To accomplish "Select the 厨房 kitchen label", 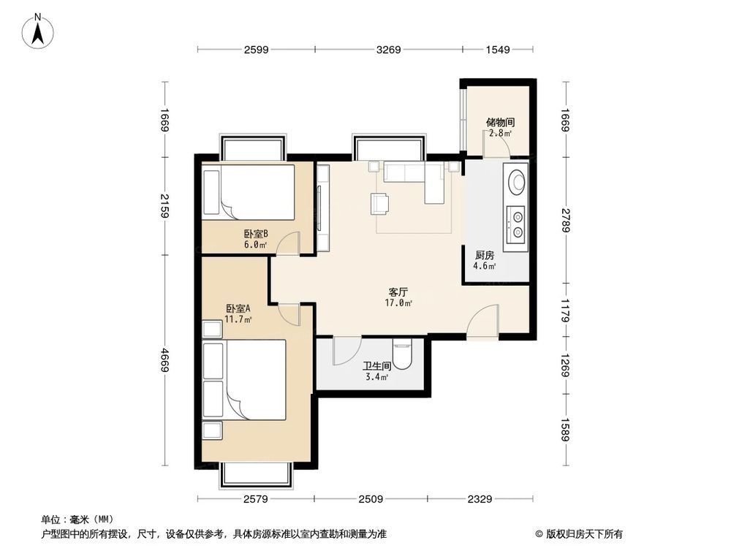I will (484, 256).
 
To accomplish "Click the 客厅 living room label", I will (398, 292).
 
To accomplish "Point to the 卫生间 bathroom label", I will (376, 367).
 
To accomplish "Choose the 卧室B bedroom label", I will (256, 235).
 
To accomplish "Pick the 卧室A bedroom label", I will (238, 308).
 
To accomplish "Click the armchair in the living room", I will (380, 203).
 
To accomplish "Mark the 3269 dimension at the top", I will (388, 50).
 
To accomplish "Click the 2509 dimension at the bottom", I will (371, 499).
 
